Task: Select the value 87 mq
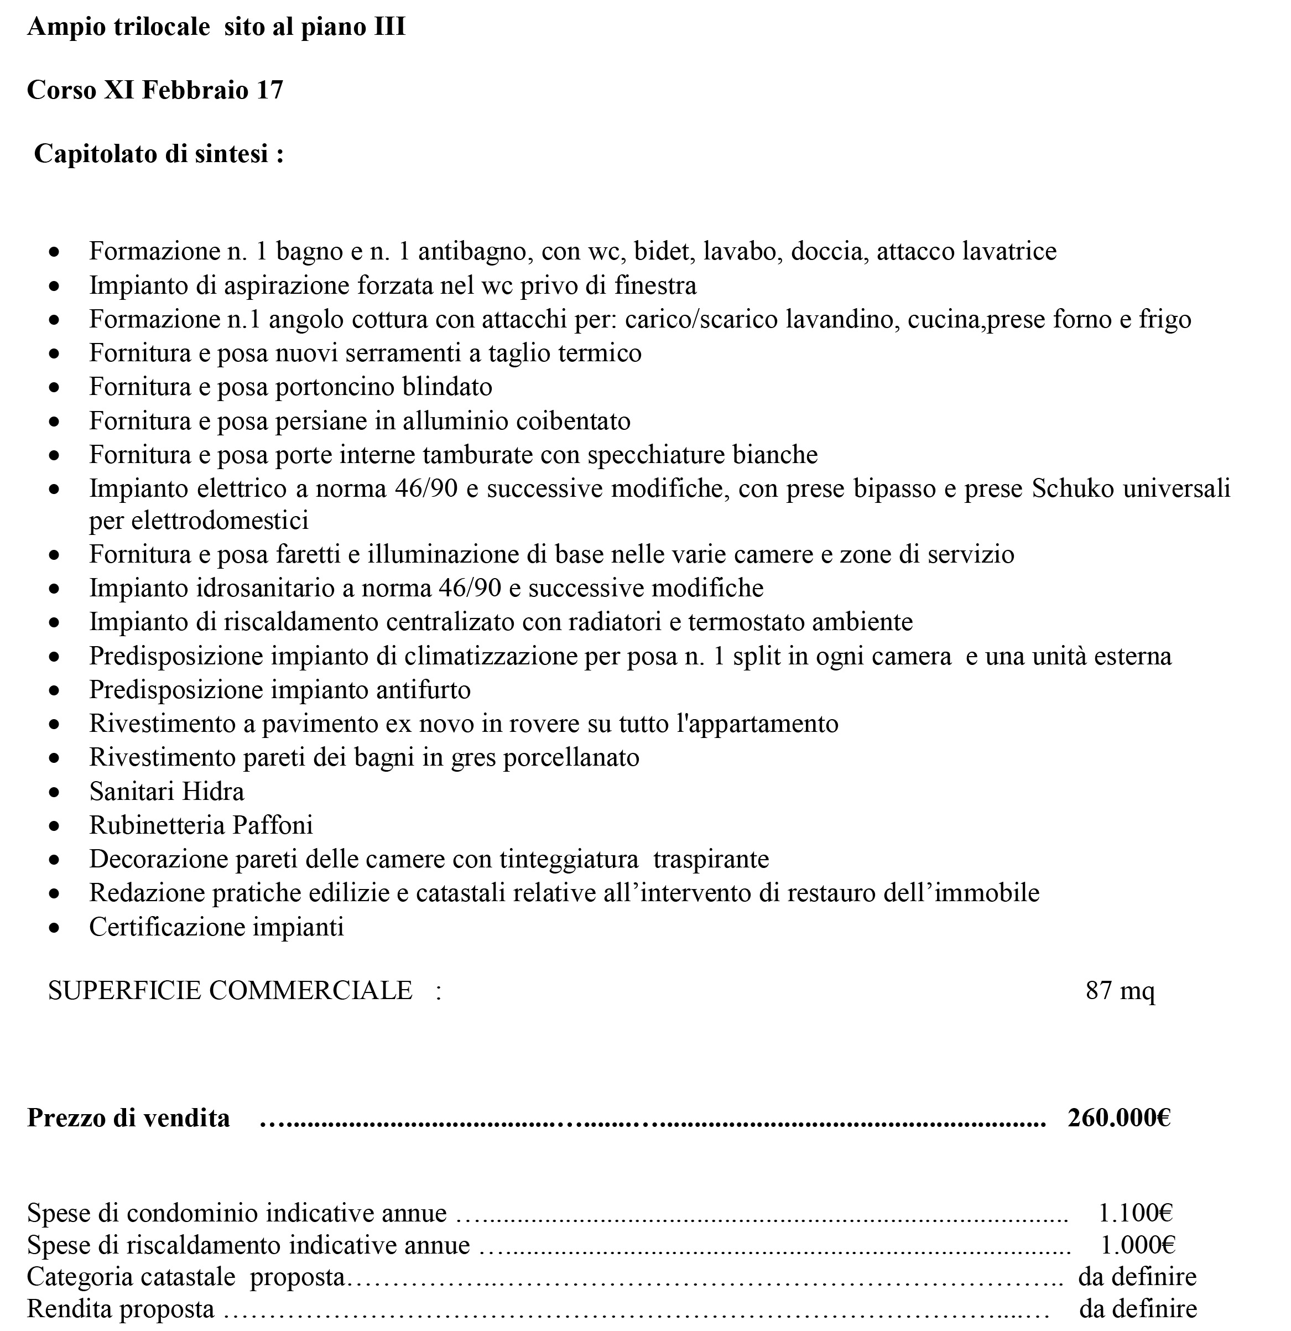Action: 1120,990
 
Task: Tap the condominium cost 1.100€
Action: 1136,1212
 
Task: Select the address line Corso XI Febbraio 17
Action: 155,90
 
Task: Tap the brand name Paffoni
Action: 272,825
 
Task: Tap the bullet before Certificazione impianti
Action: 55,928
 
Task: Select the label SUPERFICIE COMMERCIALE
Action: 230,990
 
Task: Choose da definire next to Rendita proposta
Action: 1138,1308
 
